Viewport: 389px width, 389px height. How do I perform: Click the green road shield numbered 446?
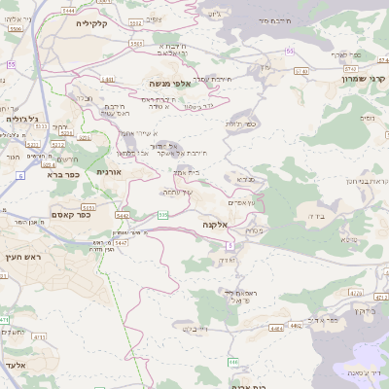point(233,362)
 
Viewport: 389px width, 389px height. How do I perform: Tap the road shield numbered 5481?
point(108,80)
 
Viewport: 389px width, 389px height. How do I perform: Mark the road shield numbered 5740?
point(301,71)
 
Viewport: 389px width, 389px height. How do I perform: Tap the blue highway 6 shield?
point(19,175)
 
